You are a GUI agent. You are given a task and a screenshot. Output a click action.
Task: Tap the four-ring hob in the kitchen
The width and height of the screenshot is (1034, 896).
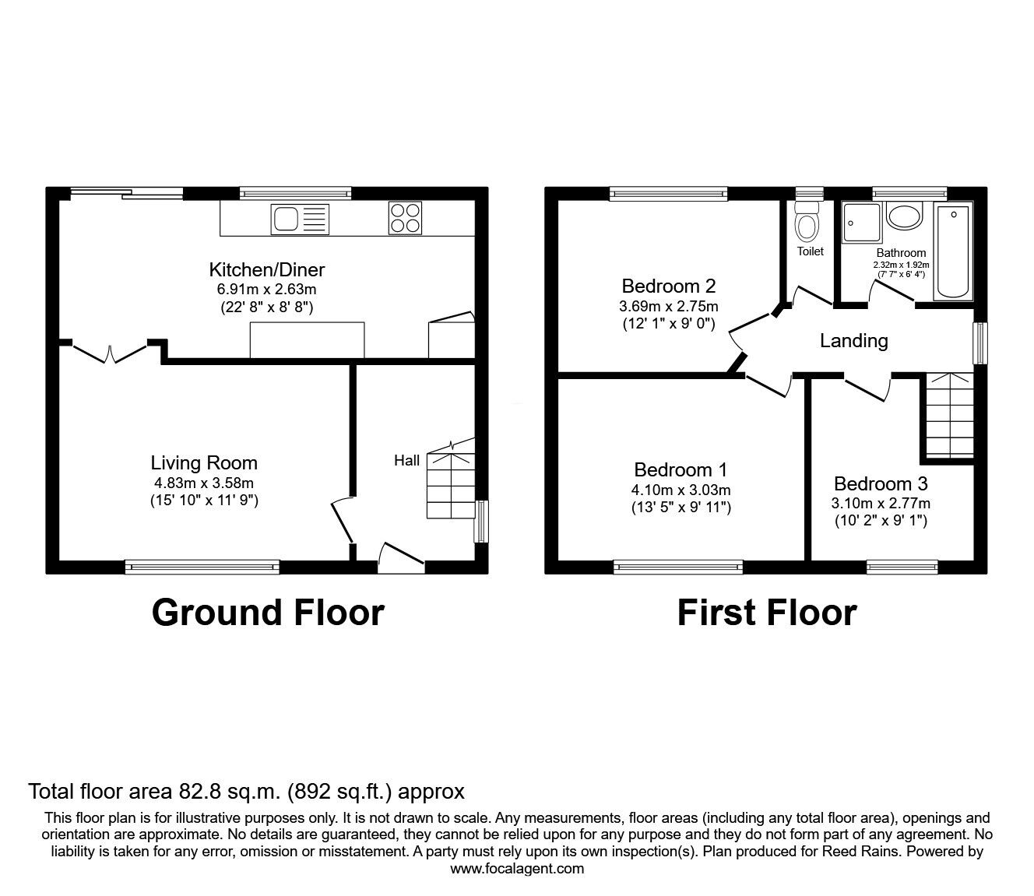click(x=405, y=217)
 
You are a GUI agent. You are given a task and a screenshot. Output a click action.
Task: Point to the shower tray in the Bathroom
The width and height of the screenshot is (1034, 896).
click(x=861, y=222)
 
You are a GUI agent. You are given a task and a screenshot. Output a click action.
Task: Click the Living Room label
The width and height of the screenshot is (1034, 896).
click(x=204, y=463)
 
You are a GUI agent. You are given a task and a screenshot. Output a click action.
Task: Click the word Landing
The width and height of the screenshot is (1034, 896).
click(x=853, y=340)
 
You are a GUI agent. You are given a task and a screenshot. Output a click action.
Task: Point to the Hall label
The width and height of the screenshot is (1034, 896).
click(x=406, y=461)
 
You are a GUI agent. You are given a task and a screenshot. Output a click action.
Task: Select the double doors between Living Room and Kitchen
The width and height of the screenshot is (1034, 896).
click(x=110, y=352)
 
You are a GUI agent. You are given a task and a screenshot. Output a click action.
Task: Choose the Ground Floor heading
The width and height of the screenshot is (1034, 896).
click(x=267, y=613)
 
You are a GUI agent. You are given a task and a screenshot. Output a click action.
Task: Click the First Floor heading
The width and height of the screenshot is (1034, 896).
click(x=766, y=613)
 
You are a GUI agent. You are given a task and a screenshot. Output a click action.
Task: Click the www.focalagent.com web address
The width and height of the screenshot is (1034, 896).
click(x=517, y=868)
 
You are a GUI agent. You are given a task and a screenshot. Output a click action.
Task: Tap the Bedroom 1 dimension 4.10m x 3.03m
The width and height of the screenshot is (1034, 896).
click(x=681, y=490)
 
